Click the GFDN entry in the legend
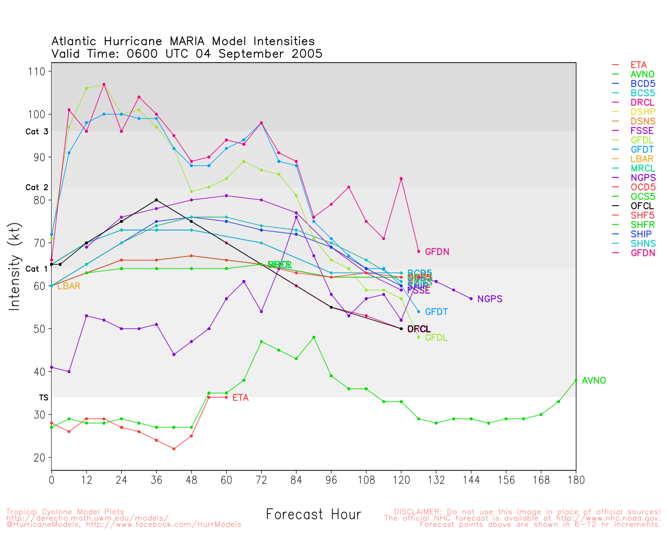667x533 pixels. tap(643, 253)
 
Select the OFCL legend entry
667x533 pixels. tap(642, 206)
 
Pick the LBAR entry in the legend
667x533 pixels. tap(642, 159)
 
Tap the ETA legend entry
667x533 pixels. tap(638, 65)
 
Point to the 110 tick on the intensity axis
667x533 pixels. tap(40, 71)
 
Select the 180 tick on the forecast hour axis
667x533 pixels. tap(576, 480)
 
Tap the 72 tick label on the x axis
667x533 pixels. tap(261, 480)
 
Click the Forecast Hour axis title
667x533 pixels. tap(313, 515)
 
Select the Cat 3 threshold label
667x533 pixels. tap(37, 132)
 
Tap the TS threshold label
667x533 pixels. tap(44, 398)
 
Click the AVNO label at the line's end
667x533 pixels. tap(594, 380)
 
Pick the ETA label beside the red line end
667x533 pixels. tap(240, 398)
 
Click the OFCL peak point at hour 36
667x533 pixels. tap(156, 200)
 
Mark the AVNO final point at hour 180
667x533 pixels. tap(576, 380)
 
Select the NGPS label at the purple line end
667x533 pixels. tap(490, 299)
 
